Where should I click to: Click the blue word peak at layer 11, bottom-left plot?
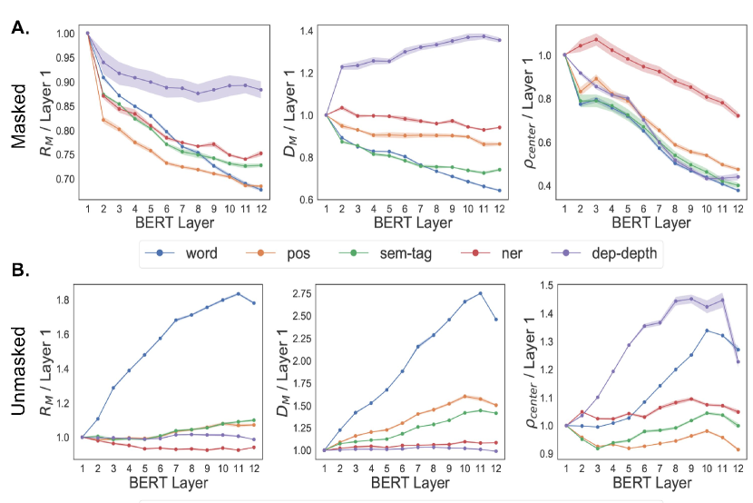point(238,293)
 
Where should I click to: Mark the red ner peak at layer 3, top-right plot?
point(596,38)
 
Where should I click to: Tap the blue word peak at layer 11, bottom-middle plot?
point(479,293)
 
